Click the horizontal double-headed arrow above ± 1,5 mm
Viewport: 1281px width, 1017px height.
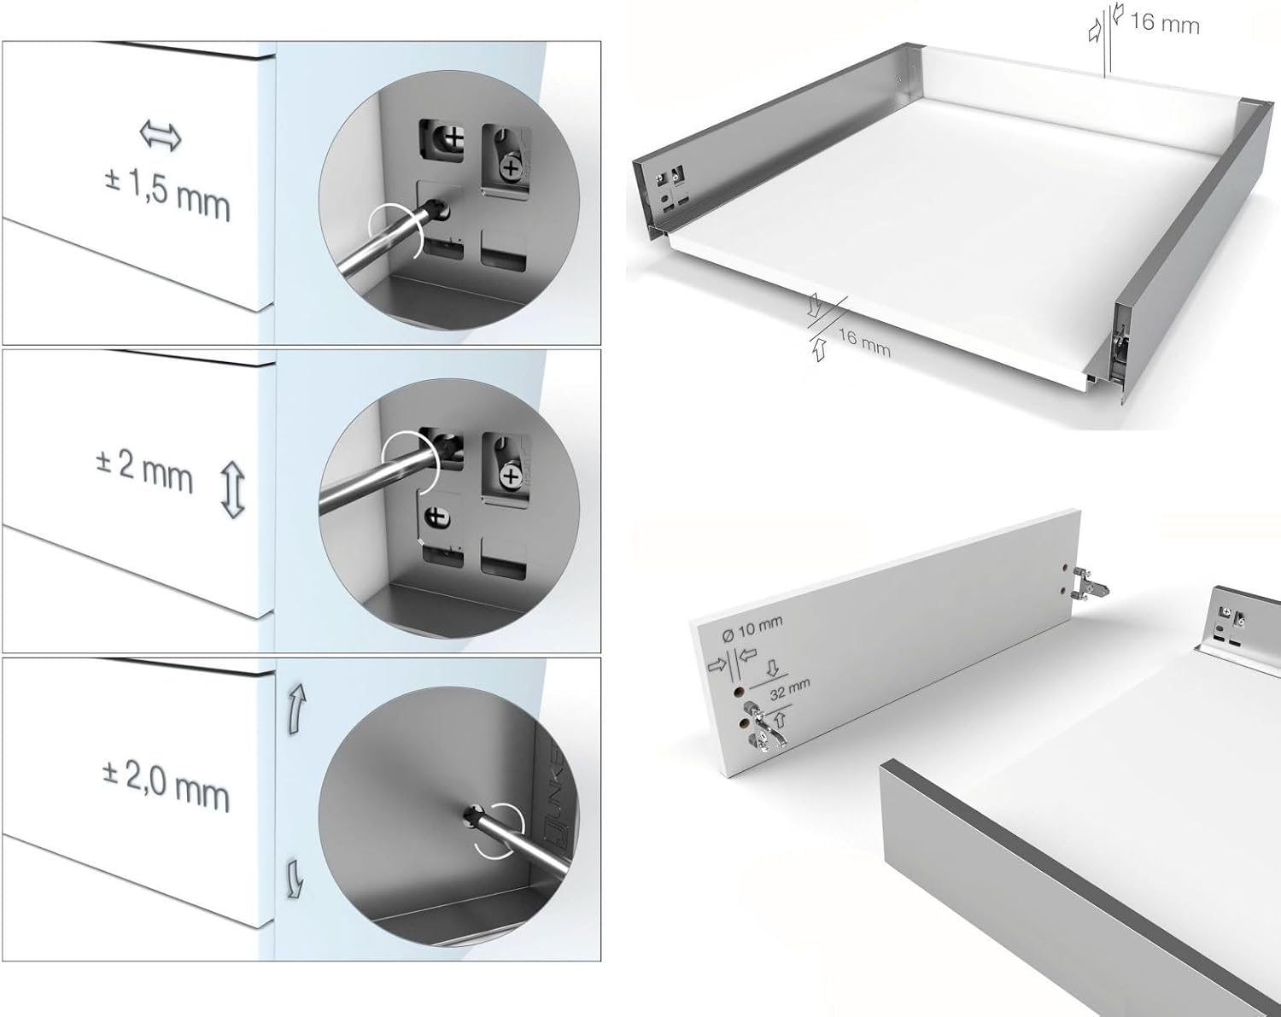[x=161, y=136]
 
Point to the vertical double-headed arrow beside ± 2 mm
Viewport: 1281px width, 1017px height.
[x=233, y=490]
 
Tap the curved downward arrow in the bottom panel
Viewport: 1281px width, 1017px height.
[x=295, y=879]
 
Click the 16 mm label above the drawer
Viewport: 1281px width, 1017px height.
[x=1164, y=24]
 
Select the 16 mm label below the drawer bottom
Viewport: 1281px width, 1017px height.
[x=864, y=342]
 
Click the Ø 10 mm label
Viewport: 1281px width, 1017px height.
[x=752, y=629]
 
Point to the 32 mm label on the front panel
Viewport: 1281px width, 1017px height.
[x=789, y=690]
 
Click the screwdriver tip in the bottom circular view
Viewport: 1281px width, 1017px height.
[x=471, y=814]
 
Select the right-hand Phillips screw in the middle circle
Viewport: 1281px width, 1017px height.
[x=510, y=476]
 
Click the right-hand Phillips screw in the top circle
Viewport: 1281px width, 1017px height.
[x=512, y=168]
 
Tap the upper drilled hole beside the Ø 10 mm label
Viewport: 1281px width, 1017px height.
[x=738, y=692]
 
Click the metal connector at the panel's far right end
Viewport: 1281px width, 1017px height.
[x=1090, y=584]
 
